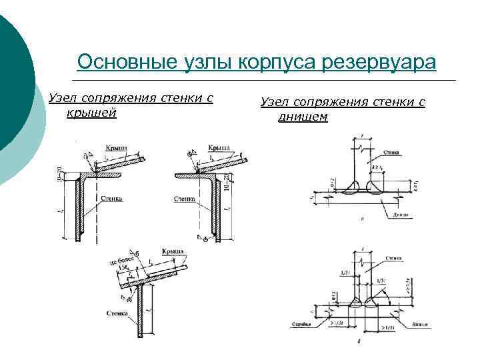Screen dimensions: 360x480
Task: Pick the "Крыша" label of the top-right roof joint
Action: pyautogui.click(x=219, y=147)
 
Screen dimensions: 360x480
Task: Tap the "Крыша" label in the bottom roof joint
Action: pyautogui.click(x=177, y=251)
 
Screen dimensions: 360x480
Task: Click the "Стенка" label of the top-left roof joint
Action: pyautogui.click(x=112, y=198)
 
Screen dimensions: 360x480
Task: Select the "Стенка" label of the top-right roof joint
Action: pyautogui.click(x=185, y=198)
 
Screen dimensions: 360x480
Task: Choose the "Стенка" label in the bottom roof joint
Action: pyautogui.click(x=117, y=312)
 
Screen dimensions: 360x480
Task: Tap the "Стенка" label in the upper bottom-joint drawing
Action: pyautogui.click(x=391, y=152)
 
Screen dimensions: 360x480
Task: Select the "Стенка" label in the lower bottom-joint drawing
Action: pyautogui.click(x=393, y=256)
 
